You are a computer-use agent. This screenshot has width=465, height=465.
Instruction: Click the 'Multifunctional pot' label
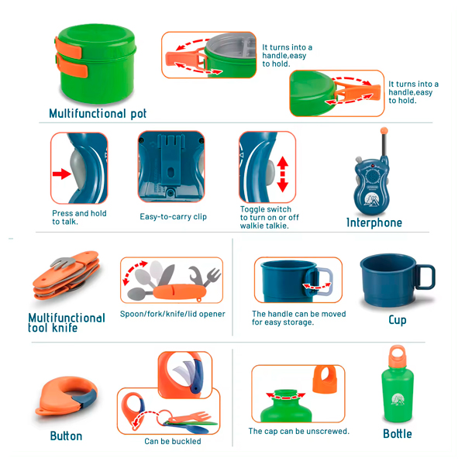click(98, 114)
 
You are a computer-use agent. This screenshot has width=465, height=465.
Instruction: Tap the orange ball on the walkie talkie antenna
click(384, 130)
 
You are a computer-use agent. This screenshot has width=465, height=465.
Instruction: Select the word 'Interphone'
click(374, 222)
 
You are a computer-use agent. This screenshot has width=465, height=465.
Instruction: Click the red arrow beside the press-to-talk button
click(62, 174)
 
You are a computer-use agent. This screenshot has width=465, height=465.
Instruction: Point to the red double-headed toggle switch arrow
click(283, 174)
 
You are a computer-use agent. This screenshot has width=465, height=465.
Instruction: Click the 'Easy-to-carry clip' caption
click(173, 217)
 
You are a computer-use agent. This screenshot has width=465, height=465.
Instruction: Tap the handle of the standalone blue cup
click(425, 277)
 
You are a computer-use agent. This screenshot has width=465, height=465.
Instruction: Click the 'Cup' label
click(398, 320)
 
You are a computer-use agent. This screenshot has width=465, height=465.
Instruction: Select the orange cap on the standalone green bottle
click(397, 356)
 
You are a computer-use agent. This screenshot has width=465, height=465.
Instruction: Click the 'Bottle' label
click(398, 434)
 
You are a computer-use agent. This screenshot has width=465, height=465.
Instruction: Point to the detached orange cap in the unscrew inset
click(325, 379)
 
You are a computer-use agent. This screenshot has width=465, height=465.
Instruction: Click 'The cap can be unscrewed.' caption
click(299, 431)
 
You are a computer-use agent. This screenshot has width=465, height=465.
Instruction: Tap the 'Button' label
click(66, 436)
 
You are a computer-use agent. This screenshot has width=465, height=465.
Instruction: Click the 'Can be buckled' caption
click(173, 441)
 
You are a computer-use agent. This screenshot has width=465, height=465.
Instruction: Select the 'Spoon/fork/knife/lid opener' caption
click(173, 314)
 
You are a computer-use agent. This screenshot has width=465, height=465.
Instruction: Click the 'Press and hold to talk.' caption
click(79, 217)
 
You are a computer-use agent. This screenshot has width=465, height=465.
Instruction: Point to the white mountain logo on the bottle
click(397, 399)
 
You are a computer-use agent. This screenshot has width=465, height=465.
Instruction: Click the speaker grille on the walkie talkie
click(371, 176)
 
